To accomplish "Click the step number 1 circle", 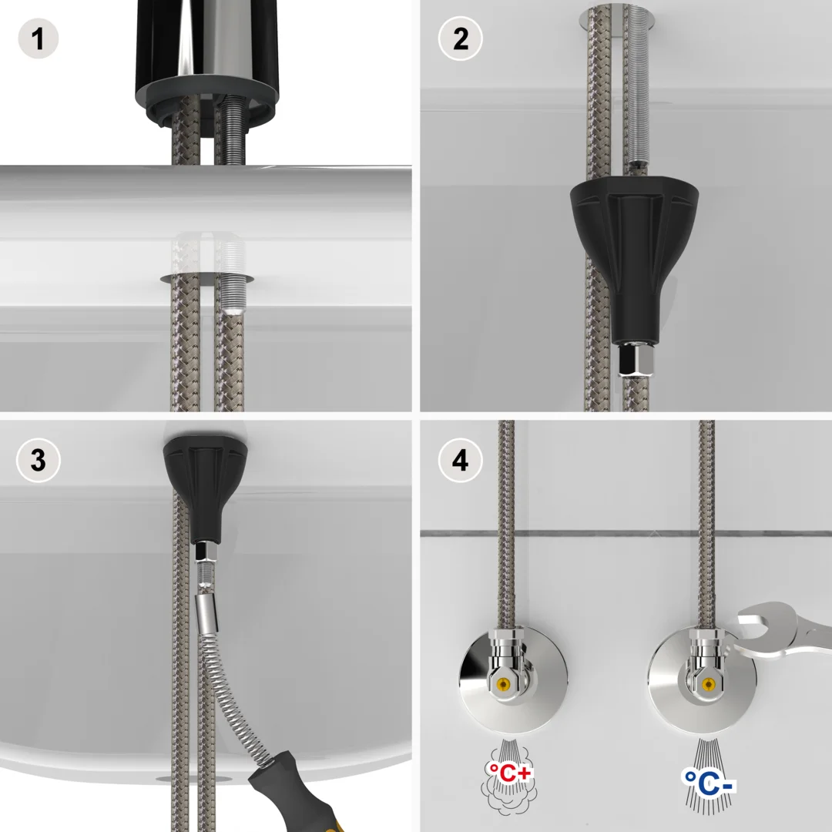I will click(x=38, y=38).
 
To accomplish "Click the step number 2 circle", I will click(x=460, y=38).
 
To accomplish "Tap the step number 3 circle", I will click(x=38, y=461).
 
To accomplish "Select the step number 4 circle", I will click(x=460, y=461).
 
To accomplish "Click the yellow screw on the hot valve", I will click(x=504, y=684).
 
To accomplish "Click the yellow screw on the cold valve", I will click(x=708, y=684).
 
